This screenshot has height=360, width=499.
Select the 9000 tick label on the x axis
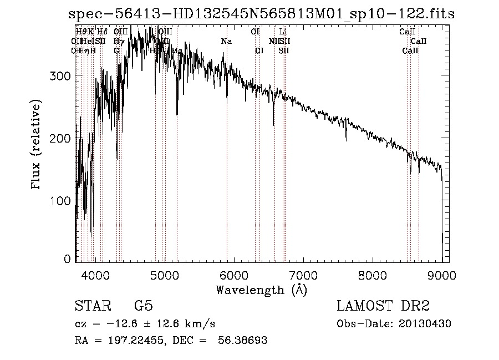click(x=442, y=275)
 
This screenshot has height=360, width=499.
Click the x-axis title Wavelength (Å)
click(x=261, y=290)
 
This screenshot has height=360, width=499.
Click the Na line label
click(x=226, y=42)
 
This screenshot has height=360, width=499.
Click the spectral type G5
click(x=142, y=307)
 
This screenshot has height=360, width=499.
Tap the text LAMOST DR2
click(x=383, y=307)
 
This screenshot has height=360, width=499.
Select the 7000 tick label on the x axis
click(x=303, y=275)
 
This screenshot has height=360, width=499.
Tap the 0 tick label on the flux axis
click(x=67, y=259)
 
